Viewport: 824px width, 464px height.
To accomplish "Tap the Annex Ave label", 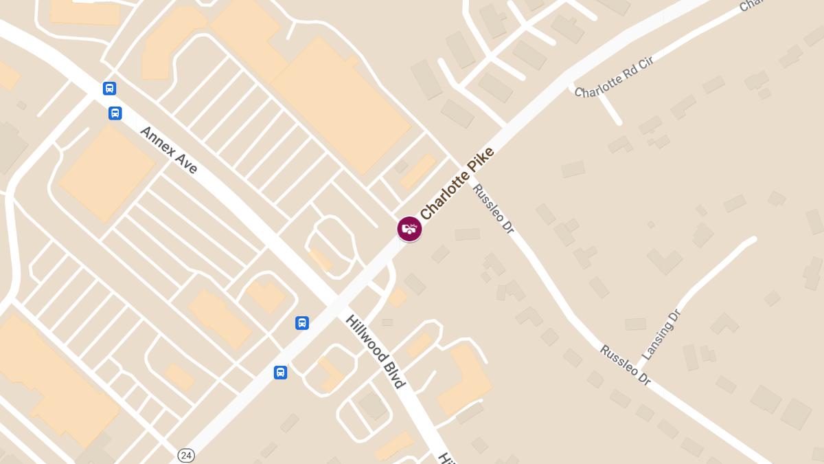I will (168, 149).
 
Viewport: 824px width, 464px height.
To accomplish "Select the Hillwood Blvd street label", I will (375, 351).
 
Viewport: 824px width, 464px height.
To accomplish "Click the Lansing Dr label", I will (660, 335).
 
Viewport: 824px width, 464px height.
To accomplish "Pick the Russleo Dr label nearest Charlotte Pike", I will (493, 208).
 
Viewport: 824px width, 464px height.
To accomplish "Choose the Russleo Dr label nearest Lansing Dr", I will (625, 364).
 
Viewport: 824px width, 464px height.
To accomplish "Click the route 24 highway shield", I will (185, 455).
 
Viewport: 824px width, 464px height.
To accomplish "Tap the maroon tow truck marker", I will (409, 228).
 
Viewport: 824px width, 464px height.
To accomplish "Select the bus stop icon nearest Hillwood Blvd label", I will (302, 323).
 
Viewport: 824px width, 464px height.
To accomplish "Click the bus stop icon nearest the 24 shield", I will (280, 373).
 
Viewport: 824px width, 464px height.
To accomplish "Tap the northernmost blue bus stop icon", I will (109, 88).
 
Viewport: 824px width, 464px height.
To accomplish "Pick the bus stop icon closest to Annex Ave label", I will (115, 113).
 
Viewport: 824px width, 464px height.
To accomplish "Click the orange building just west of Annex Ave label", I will (106, 172).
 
